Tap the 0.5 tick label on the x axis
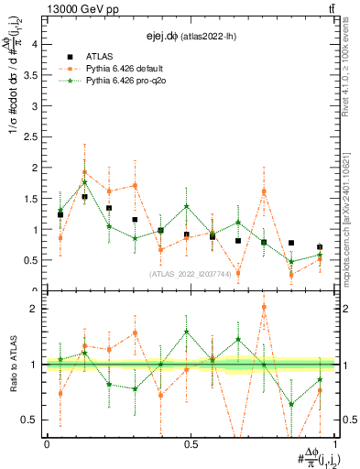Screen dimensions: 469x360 191,444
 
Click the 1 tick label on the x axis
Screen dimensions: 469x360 334,444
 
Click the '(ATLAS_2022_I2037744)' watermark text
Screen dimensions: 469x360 191,274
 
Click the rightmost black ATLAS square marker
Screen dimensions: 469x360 320,247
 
